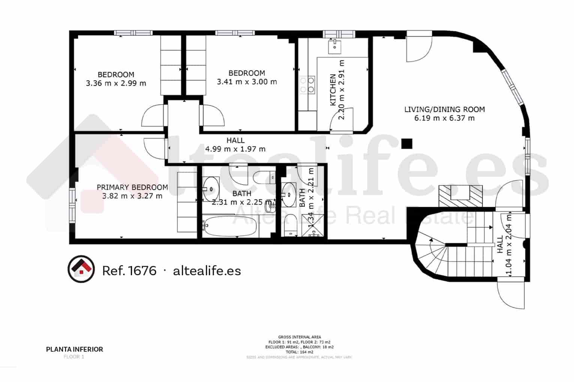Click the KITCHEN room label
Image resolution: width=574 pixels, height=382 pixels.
point(332,90)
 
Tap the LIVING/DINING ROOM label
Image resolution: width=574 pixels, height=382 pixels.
point(444,109)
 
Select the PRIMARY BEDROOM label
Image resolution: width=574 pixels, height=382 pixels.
point(132,187)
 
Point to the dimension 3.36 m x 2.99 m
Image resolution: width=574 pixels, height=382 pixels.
point(116,83)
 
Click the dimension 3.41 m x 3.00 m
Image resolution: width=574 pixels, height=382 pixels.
point(247,82)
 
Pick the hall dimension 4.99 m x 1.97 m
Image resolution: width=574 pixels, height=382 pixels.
point(235,149)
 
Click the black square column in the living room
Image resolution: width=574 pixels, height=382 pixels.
point(407,143)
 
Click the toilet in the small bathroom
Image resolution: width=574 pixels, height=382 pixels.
point(289,225)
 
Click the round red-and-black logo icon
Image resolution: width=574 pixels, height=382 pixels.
point(81,269)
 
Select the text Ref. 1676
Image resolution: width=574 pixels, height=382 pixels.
point(129,270)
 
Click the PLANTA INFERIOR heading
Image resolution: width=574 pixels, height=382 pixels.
point(74,349)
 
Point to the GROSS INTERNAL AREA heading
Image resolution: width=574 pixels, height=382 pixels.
point(299,337)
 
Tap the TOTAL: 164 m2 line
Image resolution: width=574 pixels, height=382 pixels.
point(299,352)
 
